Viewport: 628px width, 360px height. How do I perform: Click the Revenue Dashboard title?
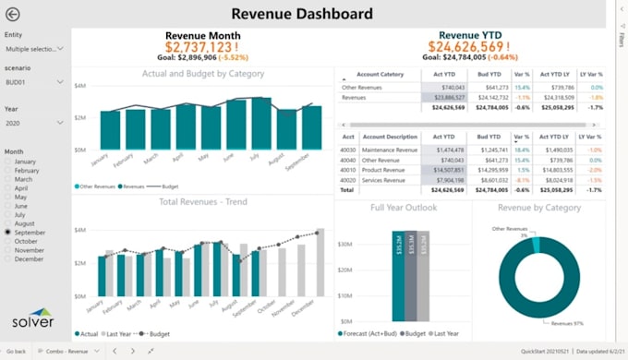[301, 13]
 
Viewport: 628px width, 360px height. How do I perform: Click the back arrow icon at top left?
[13, 14]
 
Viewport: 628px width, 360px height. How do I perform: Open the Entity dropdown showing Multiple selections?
[34, 48]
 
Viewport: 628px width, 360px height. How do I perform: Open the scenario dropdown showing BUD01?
[34, 82]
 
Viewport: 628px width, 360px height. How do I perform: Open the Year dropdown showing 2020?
[34, 123]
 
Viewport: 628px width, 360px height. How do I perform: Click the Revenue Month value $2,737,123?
[202, 47]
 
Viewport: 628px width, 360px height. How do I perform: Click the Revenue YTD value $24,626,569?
[468, 47]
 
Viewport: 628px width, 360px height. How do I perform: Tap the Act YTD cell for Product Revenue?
[444, 170]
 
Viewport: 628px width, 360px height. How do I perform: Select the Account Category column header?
[380, 74]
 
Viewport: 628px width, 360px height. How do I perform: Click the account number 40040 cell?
[346, 160]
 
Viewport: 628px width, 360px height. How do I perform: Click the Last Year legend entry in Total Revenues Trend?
[118, 333]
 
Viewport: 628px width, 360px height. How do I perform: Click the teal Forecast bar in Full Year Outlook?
[398, 276]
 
